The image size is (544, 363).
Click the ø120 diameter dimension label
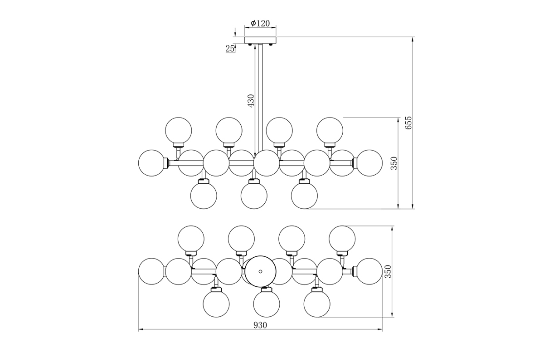pos(260,23)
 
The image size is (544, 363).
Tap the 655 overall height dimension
pos(408,123)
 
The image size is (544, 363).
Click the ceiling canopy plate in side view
pos(260,40)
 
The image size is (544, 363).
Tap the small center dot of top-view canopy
pos(260,271)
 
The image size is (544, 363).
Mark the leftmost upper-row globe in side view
pos(179,130)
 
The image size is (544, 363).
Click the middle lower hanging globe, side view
pos(253,196)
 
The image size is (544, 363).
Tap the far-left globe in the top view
pos(151,271)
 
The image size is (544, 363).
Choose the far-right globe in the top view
pos(369,271)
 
